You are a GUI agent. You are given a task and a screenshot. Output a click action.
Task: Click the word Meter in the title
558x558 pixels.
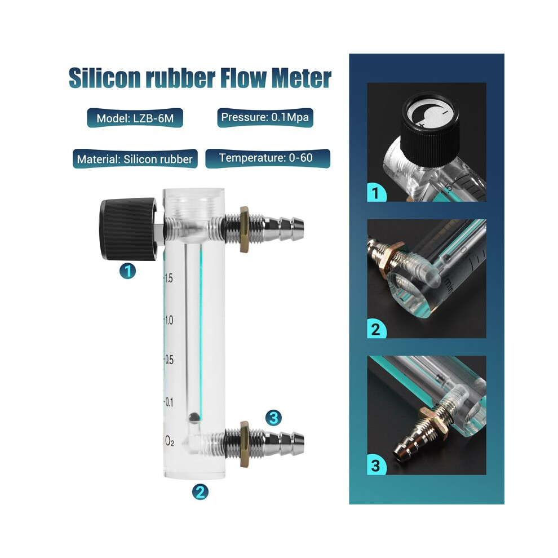tap(302, 78)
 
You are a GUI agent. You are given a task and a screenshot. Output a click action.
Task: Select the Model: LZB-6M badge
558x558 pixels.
tap(135, 118)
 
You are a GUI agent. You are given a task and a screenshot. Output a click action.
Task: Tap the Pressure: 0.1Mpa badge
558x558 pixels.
tap(265, 117)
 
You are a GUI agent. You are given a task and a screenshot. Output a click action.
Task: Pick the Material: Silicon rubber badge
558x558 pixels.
tap(135, 159)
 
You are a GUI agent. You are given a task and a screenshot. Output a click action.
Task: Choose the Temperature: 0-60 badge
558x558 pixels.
tap(268, 158)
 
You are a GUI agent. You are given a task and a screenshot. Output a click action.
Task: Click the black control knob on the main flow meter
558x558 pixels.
tap(128, 229)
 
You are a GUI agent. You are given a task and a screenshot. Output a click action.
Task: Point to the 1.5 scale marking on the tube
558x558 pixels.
tap(169, 278)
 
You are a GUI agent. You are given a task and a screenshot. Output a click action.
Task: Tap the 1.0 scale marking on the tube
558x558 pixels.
tap(169, 320)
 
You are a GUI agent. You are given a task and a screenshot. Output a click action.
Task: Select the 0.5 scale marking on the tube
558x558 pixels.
tap(169, 360)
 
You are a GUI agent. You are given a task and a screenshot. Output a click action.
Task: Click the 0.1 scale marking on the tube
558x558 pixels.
tap(169, 402)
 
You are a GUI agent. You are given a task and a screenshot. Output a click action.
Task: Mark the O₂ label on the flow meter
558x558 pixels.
tap(169, 442)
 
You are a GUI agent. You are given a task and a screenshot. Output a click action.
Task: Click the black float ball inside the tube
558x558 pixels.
tap(194, 417)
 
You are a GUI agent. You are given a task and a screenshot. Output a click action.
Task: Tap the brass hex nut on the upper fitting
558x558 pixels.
tap(244, 229)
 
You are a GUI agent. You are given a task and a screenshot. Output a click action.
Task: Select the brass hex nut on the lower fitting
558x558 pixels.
tap(244, 444)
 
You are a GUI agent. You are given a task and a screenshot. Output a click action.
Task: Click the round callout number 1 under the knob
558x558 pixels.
tap(128, 272)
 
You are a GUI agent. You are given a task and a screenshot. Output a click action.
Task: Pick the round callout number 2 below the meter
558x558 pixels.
tap(200, 492)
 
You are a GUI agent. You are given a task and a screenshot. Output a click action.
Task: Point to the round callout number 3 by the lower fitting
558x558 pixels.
tap(273, 418)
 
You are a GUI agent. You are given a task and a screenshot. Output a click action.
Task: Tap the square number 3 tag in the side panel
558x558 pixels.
tap(376, 466)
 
